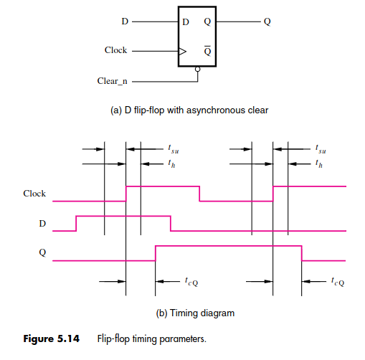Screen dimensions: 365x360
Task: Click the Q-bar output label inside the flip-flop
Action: [207, 50]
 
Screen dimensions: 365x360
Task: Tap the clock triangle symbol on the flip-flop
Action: [183, 51]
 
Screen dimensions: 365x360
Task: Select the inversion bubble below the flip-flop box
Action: [197, 70]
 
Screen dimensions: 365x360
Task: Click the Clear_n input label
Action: [112, 81]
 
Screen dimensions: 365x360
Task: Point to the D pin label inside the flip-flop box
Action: [186, 22]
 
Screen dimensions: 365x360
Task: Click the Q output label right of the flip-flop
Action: [267, 22]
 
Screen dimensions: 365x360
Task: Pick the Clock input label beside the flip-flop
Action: [115, 50]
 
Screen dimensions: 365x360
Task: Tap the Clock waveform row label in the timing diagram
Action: [34, 194]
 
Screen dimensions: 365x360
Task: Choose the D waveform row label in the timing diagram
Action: [42, 224]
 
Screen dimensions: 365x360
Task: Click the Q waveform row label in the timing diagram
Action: [42, 252]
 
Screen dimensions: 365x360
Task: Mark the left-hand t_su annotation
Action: [174, 149]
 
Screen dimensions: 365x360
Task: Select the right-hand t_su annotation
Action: [321, 149]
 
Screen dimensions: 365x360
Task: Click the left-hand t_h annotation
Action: [171, 164]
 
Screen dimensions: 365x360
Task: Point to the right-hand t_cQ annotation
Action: [338, 282]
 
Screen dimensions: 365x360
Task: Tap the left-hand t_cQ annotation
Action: [191, 282]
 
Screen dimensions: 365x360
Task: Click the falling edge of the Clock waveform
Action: [199, 194]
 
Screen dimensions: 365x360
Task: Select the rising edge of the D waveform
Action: [76, 224]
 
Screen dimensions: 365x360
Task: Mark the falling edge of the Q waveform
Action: [302, 253]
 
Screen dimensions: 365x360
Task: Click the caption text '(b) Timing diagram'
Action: [195, 313]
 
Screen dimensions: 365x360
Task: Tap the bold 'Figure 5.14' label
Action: [51, 338]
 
